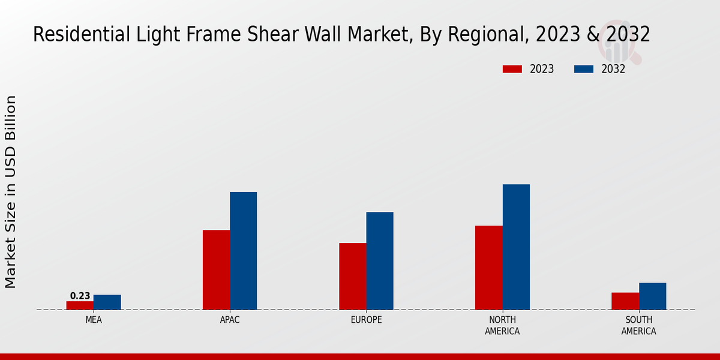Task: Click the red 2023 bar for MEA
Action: [80, 305]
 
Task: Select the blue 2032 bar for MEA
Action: [107, 302]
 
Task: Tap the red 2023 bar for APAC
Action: [216, 270]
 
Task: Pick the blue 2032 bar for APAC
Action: [244, 251]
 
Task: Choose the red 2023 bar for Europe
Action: [353, 277]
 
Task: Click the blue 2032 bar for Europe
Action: [380, 261]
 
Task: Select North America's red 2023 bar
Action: [489, 268]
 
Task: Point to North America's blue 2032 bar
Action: [516, 247]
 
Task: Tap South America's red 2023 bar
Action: [625, 301]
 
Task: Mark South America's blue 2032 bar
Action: [653, 296]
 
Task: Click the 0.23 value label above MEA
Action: [80, 296]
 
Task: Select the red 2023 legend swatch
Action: [512, 69]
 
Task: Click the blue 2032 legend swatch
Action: [584, 69]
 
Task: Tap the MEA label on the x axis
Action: [94, 320]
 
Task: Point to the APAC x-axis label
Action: [230, 320]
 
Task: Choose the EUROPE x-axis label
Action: [366, 320]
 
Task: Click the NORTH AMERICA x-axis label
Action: [502, 325]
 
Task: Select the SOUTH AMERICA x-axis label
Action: [638, 325]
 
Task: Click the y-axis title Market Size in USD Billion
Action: [11, 192]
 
